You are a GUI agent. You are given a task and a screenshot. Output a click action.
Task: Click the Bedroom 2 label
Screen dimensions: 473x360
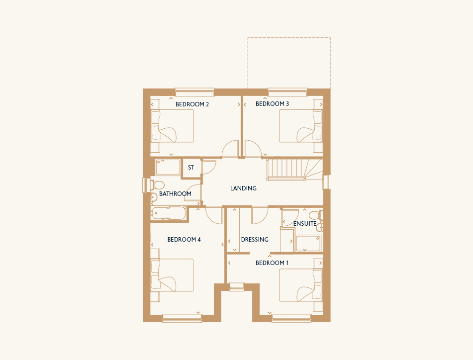(192, 104)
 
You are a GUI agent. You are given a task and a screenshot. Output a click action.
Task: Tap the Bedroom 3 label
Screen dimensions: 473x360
(272, 104)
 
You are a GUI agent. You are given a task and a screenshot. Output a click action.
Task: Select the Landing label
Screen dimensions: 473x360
(243, 188)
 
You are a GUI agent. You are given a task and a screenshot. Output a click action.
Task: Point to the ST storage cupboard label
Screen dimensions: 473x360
(191, 168)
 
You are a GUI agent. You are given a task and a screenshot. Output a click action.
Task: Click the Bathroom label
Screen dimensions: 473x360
(175, 193)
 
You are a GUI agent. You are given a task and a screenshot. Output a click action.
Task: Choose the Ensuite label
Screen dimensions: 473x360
(305, 223)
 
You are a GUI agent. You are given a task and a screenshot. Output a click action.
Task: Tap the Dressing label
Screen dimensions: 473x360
(255, 239)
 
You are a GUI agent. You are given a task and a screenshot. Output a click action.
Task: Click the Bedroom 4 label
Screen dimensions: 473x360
(184, 239)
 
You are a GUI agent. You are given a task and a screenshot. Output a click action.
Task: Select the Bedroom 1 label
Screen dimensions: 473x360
(272, 263)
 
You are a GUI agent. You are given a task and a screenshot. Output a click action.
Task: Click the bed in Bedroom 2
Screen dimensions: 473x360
(172, 126)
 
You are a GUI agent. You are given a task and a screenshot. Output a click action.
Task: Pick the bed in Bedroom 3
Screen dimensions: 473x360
(301, 126)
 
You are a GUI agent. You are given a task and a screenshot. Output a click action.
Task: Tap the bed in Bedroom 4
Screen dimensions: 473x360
(172, 275)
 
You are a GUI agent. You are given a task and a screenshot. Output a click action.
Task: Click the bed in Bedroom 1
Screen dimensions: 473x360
(301, 285)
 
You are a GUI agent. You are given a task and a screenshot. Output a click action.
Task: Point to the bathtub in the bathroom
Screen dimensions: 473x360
(169, 213)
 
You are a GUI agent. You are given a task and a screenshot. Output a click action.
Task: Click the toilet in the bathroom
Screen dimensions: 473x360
(158, 184)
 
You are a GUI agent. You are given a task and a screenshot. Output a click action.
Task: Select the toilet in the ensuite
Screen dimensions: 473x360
(316, 215)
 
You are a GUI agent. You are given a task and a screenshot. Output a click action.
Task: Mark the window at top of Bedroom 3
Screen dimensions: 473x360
(287, 92)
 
